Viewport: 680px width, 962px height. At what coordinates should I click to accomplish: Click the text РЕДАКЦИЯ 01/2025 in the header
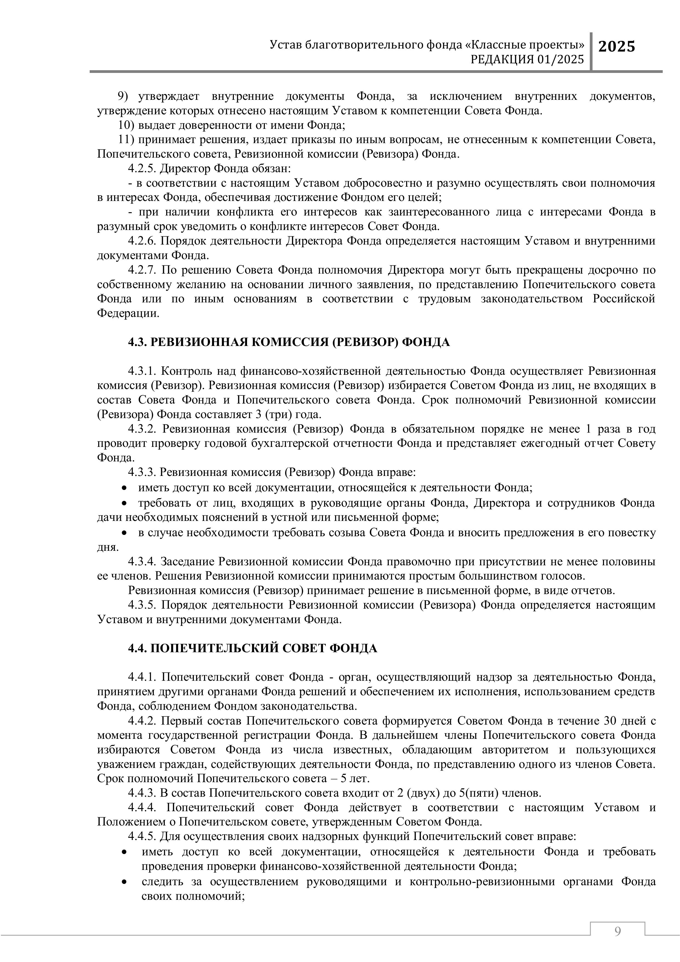[527, 60]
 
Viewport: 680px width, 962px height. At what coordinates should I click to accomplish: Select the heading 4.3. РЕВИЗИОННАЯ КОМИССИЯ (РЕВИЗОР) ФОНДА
[289, 342]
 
